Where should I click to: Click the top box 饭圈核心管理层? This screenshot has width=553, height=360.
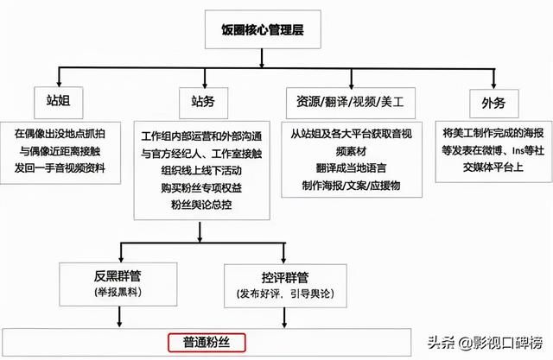(x=263, y=29)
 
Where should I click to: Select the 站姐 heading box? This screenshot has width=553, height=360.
(x=59, y=103)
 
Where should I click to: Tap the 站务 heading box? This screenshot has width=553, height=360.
(x=204, y=103)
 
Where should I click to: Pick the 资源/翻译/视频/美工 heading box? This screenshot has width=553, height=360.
(x=351, y=103)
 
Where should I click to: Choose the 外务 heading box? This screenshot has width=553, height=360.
(x=493, y=104)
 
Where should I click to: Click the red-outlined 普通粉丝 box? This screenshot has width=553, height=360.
(x=207, y=343)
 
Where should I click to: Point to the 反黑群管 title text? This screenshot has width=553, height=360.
(x=118, y=275)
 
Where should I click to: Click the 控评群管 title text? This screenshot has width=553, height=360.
(x=285, y=278)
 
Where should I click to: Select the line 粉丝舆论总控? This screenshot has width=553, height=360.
(x=201, y=205)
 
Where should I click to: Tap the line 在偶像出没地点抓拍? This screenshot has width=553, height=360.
(x=60, y=134)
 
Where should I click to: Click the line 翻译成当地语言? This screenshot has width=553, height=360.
(x=352, y=168)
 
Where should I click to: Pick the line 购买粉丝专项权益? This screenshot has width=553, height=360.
(x=201, y=187)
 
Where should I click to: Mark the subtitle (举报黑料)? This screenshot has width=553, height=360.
(x=118, y=292)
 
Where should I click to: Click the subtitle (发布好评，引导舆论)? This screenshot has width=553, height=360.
(x=285, y=294)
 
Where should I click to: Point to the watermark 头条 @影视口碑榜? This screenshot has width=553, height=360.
(x=486, y=343)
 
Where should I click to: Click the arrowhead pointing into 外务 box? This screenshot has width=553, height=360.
(x=493, y=85)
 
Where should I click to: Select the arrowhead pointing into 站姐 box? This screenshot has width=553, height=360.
(x=60, y=84)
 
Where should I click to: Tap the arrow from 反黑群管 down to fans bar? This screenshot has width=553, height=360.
(x=119, y=317)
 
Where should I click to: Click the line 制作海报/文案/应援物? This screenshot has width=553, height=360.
(x=352, y=186)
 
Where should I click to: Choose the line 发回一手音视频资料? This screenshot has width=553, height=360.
(x=60, y=168)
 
